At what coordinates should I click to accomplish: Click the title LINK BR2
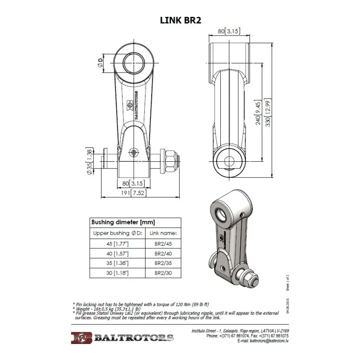coord(180,20)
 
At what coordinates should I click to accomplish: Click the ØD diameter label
coord(100,63)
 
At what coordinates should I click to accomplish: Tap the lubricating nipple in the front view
coord(134,153)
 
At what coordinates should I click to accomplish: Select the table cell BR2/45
coord(163,244)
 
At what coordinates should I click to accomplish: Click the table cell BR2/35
coord(163,264)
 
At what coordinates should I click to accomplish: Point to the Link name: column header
coord(163,233)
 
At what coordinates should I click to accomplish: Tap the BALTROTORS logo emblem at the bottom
coord(81,338)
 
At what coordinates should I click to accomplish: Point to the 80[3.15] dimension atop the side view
coord(229,31)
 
